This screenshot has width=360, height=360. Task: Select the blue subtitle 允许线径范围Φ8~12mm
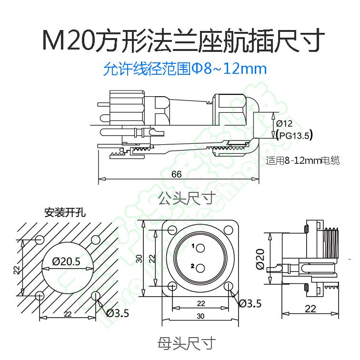pyautogui.click(x=185, y=70)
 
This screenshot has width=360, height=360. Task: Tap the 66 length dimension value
pyautogui.click(x=177, y=174)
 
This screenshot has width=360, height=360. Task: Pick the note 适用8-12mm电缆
pyautogui.click(x=303, y=161)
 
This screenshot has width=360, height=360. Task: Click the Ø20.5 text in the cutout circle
pyautogui.click(x=67, y=261)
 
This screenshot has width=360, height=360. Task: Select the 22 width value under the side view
pyautogui.click(x=310, y=309)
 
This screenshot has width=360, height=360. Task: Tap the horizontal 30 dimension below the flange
pyautogui.click(x=200, y=316)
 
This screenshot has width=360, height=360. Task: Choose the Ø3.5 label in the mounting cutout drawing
pyautogui.click(x=117, y=313)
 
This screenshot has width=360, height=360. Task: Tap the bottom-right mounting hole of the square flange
pyautogui.click(x=229, y=286)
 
